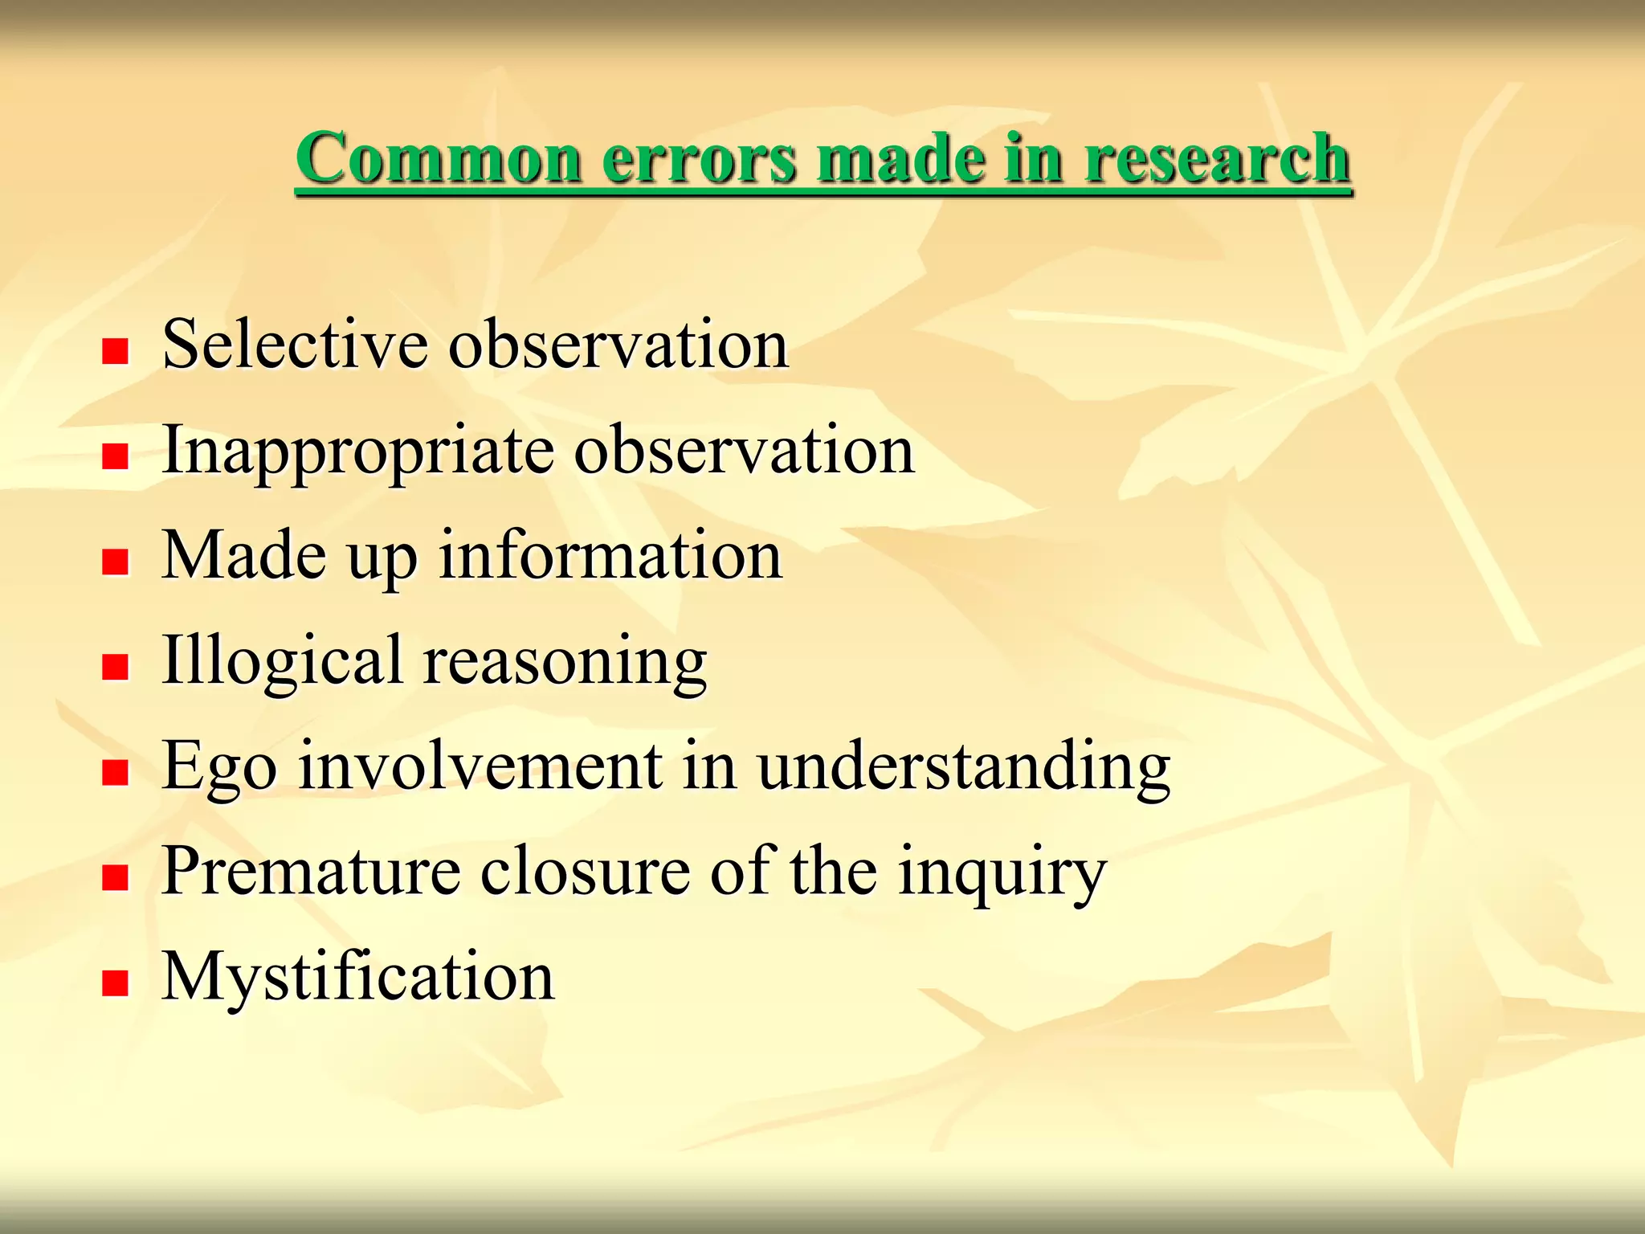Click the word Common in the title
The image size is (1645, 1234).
click(x=439, y=158)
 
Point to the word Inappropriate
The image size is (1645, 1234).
click(x=357, y=452)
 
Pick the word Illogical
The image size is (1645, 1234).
click(x=282, y=660)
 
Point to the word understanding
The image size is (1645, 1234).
click(x=963, y=767)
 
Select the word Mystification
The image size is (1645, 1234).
click(x=358, y=978)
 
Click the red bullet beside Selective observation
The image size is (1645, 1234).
click(x=116, y=351)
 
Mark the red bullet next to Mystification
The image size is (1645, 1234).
click(x=116, y=983)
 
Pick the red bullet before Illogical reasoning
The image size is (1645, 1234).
click(x=116, y=667)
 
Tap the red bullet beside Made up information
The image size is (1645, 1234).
click(x=116, y=562)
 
